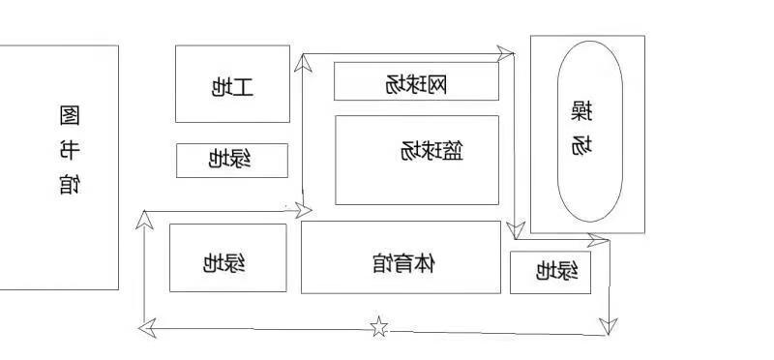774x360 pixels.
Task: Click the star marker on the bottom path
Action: (378, 326)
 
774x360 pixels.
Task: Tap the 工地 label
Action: (232, 87)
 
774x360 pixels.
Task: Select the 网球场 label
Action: (416, 85)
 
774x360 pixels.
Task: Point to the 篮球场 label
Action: (432, 151)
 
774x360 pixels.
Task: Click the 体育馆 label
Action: (403, 263)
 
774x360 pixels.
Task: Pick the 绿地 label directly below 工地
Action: (229, 160)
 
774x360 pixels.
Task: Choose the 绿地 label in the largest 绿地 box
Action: (224, 263)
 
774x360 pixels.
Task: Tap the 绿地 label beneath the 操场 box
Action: (557, 271)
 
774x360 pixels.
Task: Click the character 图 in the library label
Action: (70, 115)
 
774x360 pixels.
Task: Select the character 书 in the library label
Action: (70, 150)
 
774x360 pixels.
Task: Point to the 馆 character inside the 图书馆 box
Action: (70, 184)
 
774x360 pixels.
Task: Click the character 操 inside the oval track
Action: (582, 111)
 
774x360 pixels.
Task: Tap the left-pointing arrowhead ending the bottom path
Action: (147, 328)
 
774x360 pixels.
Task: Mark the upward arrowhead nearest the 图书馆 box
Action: (144, 220)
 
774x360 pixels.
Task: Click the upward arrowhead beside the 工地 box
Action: (303, 63)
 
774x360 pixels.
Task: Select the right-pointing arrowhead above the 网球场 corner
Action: (505, 53)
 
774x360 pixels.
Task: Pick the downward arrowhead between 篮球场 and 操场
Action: (516, 230)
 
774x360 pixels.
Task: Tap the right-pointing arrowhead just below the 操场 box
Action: (598, 240)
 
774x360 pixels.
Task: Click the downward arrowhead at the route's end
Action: (609, 327)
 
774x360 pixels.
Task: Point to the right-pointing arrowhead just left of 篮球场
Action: (304, 210)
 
